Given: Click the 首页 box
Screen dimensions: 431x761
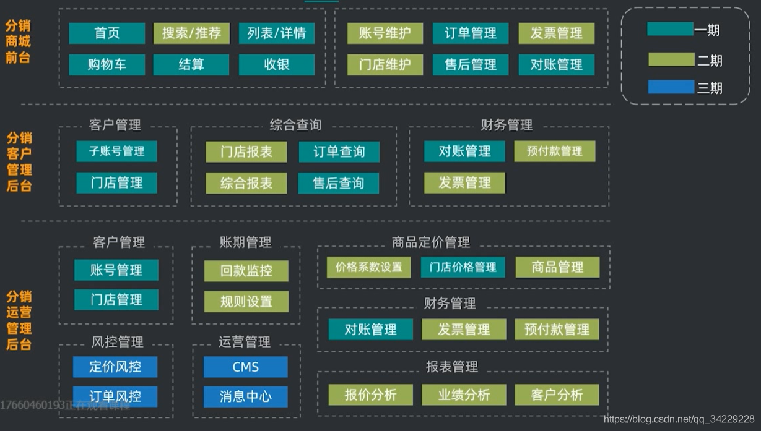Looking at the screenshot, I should point(107,33).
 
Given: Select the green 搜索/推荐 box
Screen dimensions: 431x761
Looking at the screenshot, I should point(191,33).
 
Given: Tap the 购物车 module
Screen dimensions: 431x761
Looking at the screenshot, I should point(107,65).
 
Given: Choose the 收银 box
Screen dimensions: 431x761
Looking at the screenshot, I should point(276,65).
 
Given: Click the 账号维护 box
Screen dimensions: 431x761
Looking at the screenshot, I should point(385,33).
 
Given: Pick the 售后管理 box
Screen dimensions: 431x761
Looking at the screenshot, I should point(471,65).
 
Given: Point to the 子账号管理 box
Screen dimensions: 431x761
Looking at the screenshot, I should point(116,151).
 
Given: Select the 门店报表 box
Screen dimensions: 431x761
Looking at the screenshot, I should point(246,152).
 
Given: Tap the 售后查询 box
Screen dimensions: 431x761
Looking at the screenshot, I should point(339,184).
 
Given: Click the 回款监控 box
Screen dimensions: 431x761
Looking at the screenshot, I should point(246,271).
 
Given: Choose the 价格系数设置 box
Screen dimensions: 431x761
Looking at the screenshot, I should point(369,268).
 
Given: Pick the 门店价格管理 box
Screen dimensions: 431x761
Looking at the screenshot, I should point(463,268).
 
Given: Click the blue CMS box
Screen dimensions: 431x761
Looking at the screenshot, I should point(246,367).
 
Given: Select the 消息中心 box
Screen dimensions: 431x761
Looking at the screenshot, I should point(246,396).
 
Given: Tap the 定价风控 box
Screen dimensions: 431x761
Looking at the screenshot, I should point(115,367).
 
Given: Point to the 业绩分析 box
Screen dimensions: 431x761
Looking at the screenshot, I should point(464,395).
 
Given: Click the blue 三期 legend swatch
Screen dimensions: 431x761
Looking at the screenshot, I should point(671,87).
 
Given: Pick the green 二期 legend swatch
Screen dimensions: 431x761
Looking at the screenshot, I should point(671,59).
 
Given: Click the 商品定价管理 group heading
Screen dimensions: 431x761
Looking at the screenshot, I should point(431,242).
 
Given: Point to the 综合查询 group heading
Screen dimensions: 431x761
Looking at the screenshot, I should point(295,125).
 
